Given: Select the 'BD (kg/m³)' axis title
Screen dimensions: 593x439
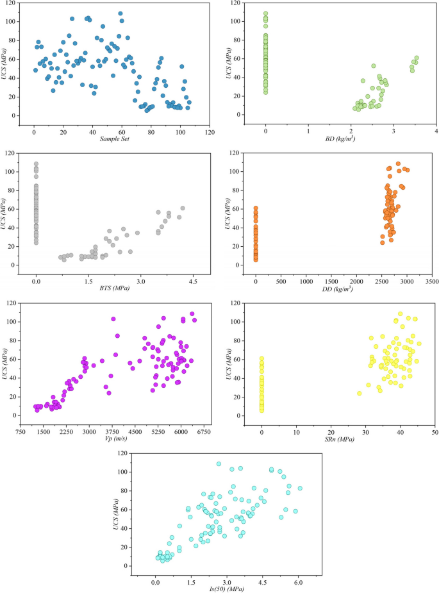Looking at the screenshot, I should point(340,138).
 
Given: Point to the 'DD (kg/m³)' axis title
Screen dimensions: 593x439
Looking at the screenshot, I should point(344,288).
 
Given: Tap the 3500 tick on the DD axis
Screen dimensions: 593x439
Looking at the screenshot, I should point(431,281).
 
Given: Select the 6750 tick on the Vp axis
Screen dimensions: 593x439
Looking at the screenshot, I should point(204,431).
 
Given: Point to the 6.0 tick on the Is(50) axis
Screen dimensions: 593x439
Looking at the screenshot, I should point(299,581).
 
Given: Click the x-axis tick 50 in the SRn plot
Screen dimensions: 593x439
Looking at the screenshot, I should point(435,431).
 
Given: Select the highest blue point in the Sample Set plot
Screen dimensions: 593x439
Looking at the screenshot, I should point(120,13).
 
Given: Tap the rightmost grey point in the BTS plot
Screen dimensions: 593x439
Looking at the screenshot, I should point(183,208).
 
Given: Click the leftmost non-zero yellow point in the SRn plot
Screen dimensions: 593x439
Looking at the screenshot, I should point(359,393).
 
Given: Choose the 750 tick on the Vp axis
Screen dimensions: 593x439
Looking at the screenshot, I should point(20,431).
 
